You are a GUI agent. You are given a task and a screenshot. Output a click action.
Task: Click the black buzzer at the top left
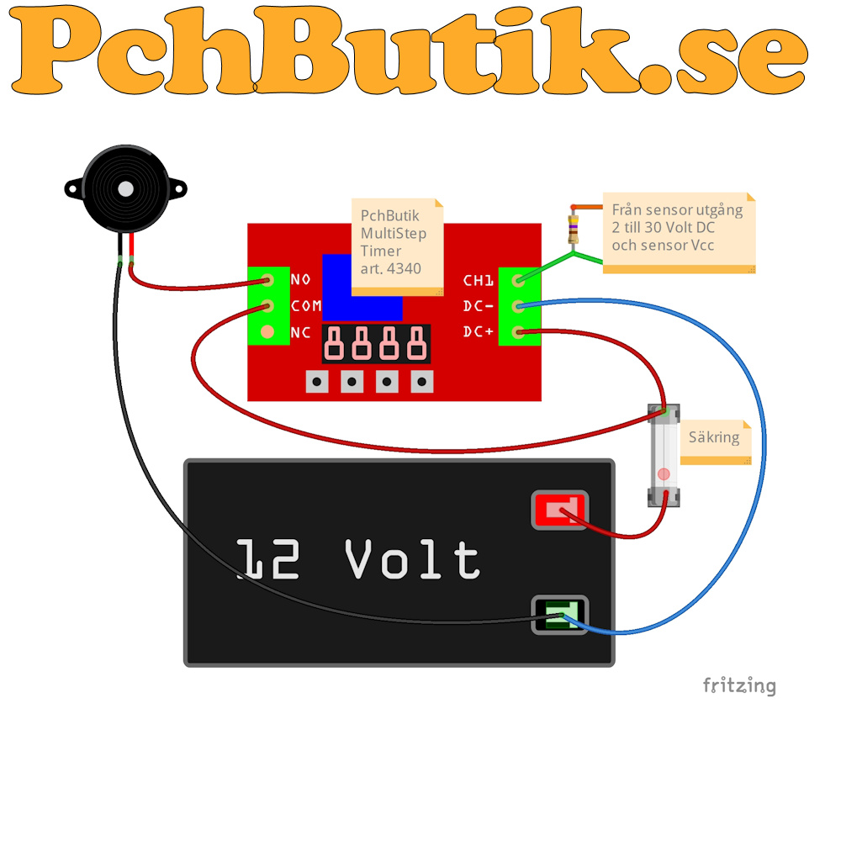125,188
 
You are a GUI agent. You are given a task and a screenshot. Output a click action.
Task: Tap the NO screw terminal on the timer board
267,280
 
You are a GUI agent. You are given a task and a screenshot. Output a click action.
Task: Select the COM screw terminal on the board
267,306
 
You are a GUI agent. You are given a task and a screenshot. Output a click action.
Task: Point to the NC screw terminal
267,332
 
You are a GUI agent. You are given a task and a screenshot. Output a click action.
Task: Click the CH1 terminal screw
518,280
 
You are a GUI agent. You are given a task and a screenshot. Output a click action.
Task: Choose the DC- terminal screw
518,306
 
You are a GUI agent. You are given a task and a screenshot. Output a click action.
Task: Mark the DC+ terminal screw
518,332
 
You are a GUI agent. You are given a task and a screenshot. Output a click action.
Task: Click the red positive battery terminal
560,510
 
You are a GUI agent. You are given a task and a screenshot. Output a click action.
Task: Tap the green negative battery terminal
560,615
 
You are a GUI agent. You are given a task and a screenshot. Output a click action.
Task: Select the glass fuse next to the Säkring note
664,455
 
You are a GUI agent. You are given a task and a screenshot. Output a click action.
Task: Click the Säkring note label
716,442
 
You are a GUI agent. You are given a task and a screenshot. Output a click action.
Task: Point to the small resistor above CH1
574,229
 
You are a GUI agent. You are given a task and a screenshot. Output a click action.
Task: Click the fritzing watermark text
739,686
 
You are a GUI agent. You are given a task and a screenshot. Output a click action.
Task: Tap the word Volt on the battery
412,559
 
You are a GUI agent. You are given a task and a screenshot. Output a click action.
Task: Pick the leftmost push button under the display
317,382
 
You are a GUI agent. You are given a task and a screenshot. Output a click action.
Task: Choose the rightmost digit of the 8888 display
417,343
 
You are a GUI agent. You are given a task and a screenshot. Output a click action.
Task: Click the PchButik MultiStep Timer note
398,246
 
